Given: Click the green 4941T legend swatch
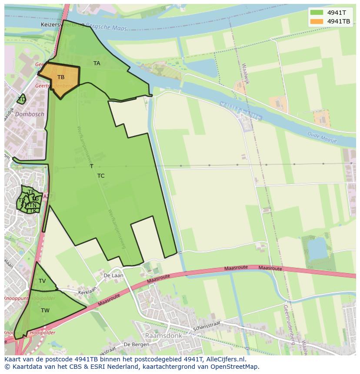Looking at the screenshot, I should click(317, 13).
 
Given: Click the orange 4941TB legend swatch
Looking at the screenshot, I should click(317, 21).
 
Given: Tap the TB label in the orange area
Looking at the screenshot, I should click(61, 77).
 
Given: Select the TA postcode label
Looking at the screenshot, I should click(97, 63).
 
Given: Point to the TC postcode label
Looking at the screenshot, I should click(101, 176).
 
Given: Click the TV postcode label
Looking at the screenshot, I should click(42, 281).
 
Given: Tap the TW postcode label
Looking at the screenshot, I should click(45, 310).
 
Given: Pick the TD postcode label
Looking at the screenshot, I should click(22, 99).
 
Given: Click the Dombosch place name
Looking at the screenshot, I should click(30, 114).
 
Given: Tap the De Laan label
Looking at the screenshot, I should click(113, 275).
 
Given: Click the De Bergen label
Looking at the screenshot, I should click(137, 344).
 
